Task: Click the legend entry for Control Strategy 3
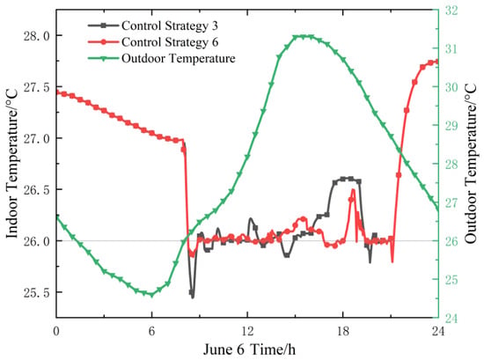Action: [x=153, y=26]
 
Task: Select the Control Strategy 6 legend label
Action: [x=153, y=42]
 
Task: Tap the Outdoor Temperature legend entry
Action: [x=161, y=58]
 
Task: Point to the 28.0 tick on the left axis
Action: [x=37, y=36]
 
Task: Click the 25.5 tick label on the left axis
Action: [x=37, y=293]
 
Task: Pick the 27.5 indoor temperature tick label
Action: [x=37, y=87]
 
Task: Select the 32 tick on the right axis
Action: [x=451, y=11]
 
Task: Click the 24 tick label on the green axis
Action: [x=451, y=319]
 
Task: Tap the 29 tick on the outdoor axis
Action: [x=451, y=126]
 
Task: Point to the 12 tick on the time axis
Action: [x=247, y=331]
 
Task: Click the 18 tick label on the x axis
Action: [x=342, y=331]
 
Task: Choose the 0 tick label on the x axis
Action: [x=56, y=331]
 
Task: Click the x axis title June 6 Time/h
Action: [x=249, y=349]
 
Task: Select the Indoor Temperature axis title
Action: [x=12, y=164]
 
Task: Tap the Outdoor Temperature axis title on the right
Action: [x=471, y=164]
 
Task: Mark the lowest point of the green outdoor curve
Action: [x=151, y=295]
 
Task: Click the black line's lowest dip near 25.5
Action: [x=193, y=298]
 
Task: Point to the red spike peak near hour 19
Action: [x=353, y=189]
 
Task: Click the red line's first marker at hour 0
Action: [x=57, y=92]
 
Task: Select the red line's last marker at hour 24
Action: [x=437, y=62]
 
